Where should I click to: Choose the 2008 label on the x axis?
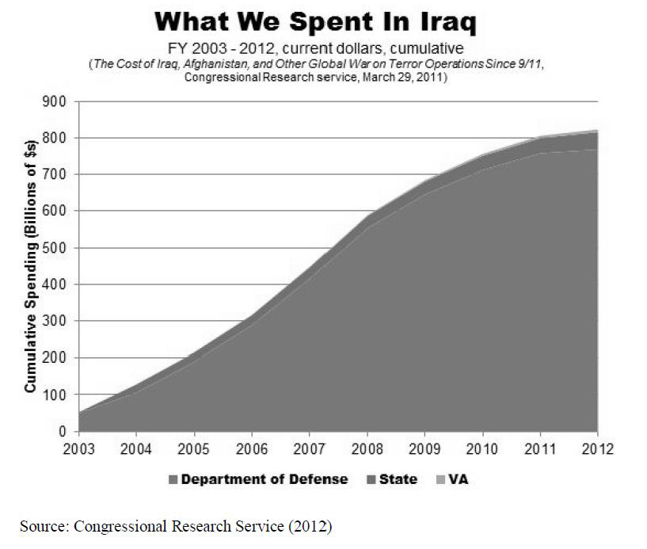pos(366,448)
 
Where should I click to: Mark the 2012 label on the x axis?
pos(596,448)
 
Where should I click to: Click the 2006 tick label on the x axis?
pos(250,448)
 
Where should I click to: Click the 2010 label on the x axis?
pos(481,448)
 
